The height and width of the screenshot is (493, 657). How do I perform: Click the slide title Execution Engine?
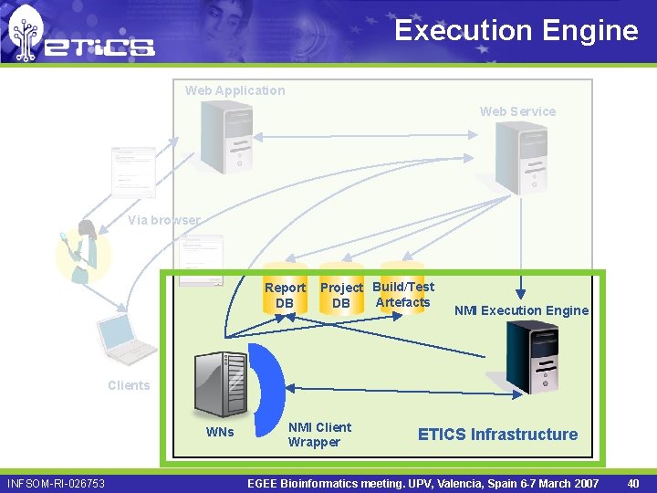click(516, 30)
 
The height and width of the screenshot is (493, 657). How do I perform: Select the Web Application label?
click(235, 90)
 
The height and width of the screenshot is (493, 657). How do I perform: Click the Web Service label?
click(517, 111)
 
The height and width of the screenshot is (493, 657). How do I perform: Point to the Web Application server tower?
click(226, 137)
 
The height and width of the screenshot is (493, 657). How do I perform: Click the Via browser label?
click(163, 220)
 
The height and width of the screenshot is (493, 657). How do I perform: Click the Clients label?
click(129, 385)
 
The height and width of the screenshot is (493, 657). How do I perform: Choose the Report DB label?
click(285, 295)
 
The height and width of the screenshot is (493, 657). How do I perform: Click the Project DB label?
click(341, 295)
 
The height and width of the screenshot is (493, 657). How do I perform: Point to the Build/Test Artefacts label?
click(403, 294)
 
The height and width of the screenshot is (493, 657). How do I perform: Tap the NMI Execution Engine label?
click(521, 310)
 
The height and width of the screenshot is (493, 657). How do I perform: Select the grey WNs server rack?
click(220, 384)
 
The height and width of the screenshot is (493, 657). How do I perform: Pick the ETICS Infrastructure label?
click(497, 435)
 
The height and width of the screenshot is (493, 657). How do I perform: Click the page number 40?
click(633, 483)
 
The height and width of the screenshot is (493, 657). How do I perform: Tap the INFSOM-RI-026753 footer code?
click(56, 483)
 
